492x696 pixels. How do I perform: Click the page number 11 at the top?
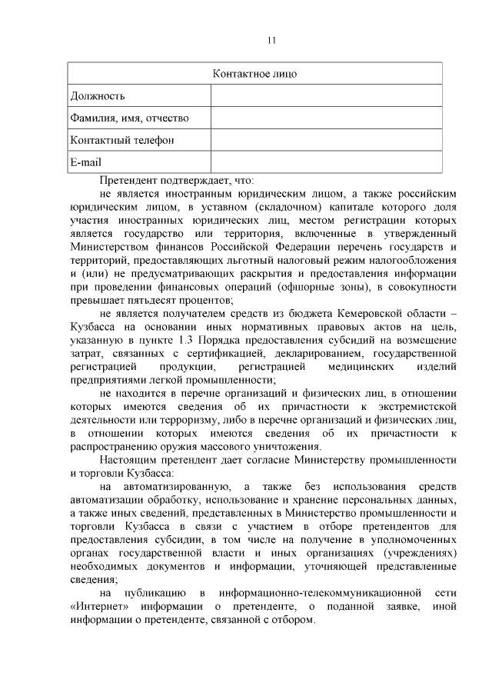[271, 41]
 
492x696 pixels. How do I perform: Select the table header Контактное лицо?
[254, 74]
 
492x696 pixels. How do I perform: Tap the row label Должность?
[98, 96]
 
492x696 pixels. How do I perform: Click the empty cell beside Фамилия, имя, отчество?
[327, 118]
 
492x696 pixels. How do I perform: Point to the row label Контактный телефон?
[122, 140]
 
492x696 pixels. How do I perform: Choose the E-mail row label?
[86, 162]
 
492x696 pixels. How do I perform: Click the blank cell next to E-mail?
[327, 162]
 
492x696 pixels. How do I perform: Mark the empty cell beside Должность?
[327, 96]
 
